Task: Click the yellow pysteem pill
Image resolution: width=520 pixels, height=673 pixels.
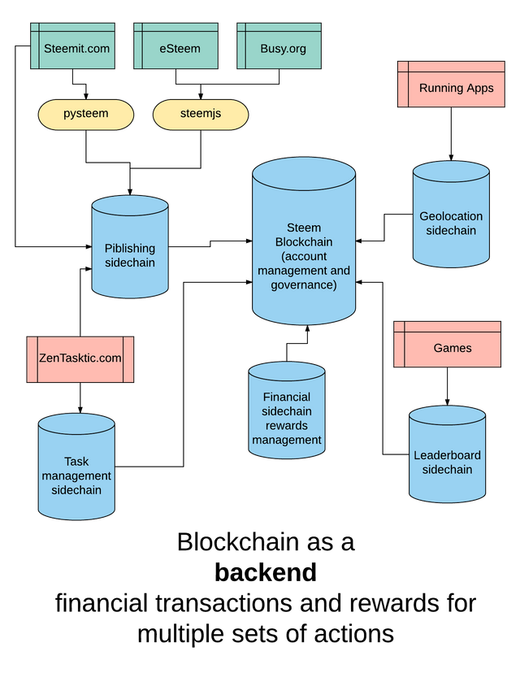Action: coord(86,115)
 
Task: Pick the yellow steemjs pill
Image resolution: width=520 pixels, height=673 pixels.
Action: coord(201,115)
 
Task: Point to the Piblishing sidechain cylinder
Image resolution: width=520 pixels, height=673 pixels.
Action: coord(130,247)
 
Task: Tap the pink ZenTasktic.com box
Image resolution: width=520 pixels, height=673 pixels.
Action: coord(80,359)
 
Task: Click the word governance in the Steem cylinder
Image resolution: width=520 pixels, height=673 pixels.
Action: coord(304,284)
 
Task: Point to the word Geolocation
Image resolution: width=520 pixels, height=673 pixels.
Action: coord(451,216)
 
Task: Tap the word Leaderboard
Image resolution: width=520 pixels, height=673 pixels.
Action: coord(448,455)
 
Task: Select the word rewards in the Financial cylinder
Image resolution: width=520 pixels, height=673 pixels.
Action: coord(287,426)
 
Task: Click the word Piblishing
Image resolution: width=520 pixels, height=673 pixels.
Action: coord(130,249)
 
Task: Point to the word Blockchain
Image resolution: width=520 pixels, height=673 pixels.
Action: coord(304,242)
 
